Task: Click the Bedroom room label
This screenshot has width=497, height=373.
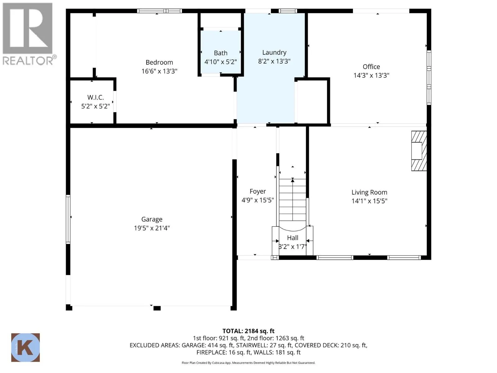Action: pyautogui.click(x=159, y=62)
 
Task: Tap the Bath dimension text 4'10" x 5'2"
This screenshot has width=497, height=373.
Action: pyautogui.click(x=220, y=62)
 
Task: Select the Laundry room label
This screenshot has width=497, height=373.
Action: pyautogui.click(x=274, y=53)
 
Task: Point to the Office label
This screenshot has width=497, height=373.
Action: pyautogui.click(x=371, y=67)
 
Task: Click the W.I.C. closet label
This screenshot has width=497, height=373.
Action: pyautogui.click(x=95, y=97)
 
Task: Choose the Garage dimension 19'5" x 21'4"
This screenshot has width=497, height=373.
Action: pyautogui.click(x=152, y=228)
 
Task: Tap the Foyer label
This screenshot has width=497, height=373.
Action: pyautogui.click(x=258, y=191)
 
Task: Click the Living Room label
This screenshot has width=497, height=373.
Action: pyautogui.click(x=369, y=192)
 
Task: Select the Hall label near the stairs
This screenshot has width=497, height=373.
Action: pyautogui.click(x=292, y=238)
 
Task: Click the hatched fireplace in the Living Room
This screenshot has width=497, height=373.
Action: pyautogui.click(x=419, y=151)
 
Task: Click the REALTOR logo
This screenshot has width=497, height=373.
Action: pyautogui.click(x=28, y=34)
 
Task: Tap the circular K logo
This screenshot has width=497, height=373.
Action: pyautogui.click(x=25, y=348)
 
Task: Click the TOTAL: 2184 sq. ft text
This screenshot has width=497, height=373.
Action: pyautogui.click(x=248, y=331)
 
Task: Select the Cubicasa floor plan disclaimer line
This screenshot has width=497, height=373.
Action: pyautogui.click(x=248, y=363)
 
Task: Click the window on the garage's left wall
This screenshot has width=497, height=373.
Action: pyautogui.click(x=68, y=219)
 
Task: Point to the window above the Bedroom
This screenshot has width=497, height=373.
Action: pyautogui.click(x=159, y=11)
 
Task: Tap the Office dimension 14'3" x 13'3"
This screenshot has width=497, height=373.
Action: pyautogui.click(x=371, y=75)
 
